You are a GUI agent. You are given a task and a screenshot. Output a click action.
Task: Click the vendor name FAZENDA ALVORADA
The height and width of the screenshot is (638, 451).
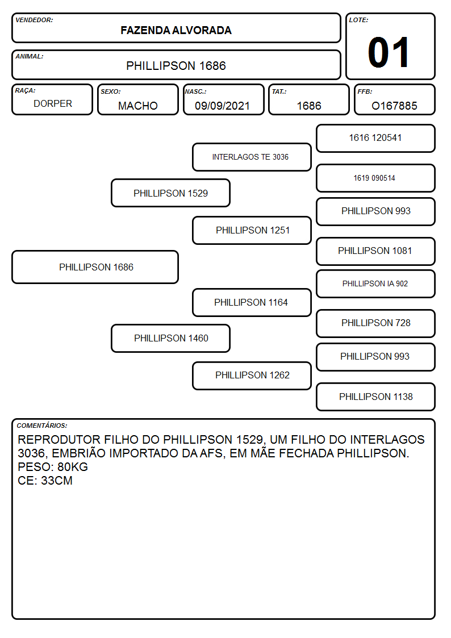(176, 31)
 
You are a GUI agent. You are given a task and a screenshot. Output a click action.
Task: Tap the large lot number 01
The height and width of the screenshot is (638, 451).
(389, 52)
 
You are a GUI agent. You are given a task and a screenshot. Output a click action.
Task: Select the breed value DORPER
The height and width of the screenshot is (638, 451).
(53, 104)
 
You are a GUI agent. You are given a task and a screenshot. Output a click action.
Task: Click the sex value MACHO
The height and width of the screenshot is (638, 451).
(138, 106)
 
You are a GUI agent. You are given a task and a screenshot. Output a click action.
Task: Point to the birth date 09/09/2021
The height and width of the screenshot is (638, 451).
(223, 106)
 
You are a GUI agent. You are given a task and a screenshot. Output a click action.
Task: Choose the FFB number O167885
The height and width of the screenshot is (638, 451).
(394, 106)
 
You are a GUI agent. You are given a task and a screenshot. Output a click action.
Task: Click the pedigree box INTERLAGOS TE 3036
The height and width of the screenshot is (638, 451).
(252, 157)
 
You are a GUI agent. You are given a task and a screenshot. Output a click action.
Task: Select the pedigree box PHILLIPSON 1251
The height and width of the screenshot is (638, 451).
(252, 230)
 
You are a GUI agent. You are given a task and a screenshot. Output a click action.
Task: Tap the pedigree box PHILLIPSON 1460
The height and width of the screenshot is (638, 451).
(171, 338)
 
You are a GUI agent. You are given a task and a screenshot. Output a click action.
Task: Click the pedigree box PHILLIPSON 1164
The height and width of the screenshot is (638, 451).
(252, 302)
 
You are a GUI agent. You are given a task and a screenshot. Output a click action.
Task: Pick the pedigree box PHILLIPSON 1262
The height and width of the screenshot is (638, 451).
(252, 376)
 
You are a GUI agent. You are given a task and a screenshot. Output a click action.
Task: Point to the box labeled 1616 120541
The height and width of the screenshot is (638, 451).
(376, 139)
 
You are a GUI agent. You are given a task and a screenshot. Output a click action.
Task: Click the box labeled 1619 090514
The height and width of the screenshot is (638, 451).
(376, 178)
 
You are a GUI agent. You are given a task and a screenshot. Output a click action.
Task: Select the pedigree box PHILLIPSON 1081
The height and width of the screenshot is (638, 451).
(376, 251)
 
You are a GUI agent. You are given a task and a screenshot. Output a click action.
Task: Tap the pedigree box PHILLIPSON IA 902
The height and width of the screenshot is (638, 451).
(376, 283)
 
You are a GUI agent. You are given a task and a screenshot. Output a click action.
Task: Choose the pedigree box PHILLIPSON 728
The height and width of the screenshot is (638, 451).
(376, 323)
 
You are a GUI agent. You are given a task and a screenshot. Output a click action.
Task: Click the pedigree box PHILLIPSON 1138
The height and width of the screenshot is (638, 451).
(376, 397)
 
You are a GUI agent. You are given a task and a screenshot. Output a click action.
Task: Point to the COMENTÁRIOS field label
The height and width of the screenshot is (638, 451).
(42, 426)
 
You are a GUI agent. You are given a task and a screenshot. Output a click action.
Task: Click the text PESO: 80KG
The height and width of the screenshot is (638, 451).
(53, 466)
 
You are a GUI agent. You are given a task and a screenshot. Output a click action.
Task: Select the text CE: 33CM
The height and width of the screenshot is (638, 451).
(45, 481)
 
